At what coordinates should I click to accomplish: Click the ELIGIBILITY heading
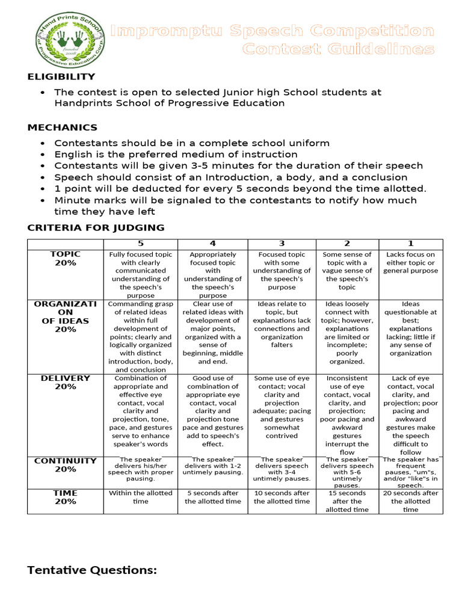[61, 76]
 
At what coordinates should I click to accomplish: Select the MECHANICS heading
[63, 128]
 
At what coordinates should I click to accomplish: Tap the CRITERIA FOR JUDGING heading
[96, 227]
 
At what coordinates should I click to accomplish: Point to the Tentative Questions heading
[91, 570]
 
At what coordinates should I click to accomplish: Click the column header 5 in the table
[140, 244]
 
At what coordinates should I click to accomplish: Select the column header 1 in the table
[410, 244]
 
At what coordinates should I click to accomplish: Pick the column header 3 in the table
[282, 244]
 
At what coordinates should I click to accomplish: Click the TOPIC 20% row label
[66, 258]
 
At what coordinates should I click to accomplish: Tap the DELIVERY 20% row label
[66, 382]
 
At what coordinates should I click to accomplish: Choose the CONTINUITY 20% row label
[66, 464]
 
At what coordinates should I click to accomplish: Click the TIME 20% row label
[66, 497]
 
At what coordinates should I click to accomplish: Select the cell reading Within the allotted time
[140, 497]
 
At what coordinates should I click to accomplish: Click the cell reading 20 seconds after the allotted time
[410, 500]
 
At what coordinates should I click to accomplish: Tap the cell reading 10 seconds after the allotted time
[282, 497]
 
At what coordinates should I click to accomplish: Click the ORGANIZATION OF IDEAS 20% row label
[66, 316]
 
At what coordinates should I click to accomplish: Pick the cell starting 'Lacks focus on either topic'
[410, 262]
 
